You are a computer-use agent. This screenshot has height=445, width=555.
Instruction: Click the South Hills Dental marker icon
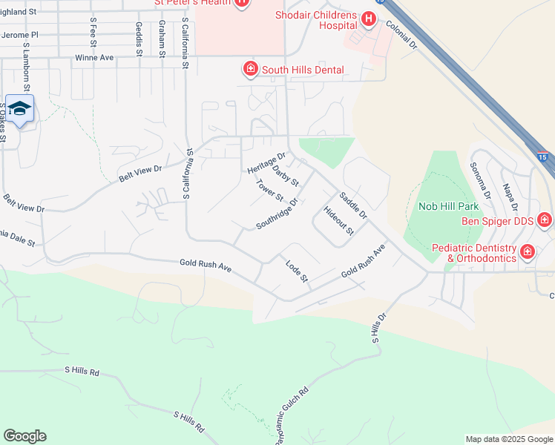click(250, 70)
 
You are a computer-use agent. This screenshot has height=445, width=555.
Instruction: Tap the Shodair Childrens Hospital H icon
click(367, 18)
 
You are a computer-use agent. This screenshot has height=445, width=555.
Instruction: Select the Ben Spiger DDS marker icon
click(545, 220)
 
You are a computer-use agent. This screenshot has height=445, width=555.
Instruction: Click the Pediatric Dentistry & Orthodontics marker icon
click(528, 252)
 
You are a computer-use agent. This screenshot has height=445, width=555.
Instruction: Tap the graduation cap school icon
click(19, 109)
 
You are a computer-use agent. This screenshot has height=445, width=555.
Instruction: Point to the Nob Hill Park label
click(444, 205)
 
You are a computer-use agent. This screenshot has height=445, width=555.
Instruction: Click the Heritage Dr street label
click(266, 163)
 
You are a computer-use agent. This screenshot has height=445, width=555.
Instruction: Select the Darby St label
click(285, 177)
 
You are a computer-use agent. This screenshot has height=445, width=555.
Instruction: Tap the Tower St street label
click(269, 191)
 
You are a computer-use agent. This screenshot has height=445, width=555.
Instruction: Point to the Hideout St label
click(339, 221)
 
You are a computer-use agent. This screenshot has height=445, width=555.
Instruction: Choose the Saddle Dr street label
click(352, 205)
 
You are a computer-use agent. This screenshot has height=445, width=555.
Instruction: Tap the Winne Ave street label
click(93, 57)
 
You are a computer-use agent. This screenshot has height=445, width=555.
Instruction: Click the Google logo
click(24, 436)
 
